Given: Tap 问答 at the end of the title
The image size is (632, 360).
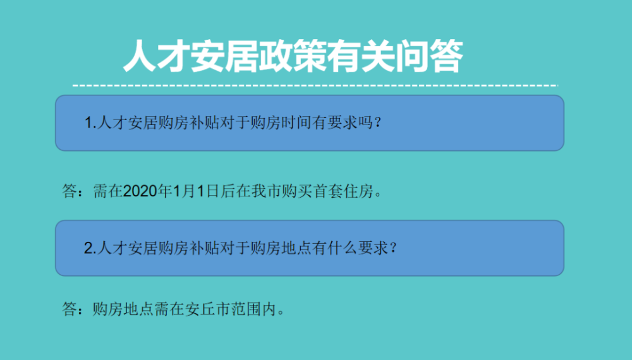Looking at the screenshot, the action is click(x=429, y=56).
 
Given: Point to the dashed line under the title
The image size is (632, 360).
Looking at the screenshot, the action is click(x=315, y=85).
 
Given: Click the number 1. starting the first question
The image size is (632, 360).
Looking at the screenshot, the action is click(x=90, y=123).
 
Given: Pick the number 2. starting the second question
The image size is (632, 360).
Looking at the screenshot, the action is click(x=90, y=248).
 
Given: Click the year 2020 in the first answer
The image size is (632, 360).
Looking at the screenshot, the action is click(x=140, y=191).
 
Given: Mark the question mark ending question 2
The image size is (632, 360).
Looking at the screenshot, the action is click(x=393, y=248).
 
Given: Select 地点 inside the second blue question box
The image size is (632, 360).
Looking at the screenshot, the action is click(x=296, y=248).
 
